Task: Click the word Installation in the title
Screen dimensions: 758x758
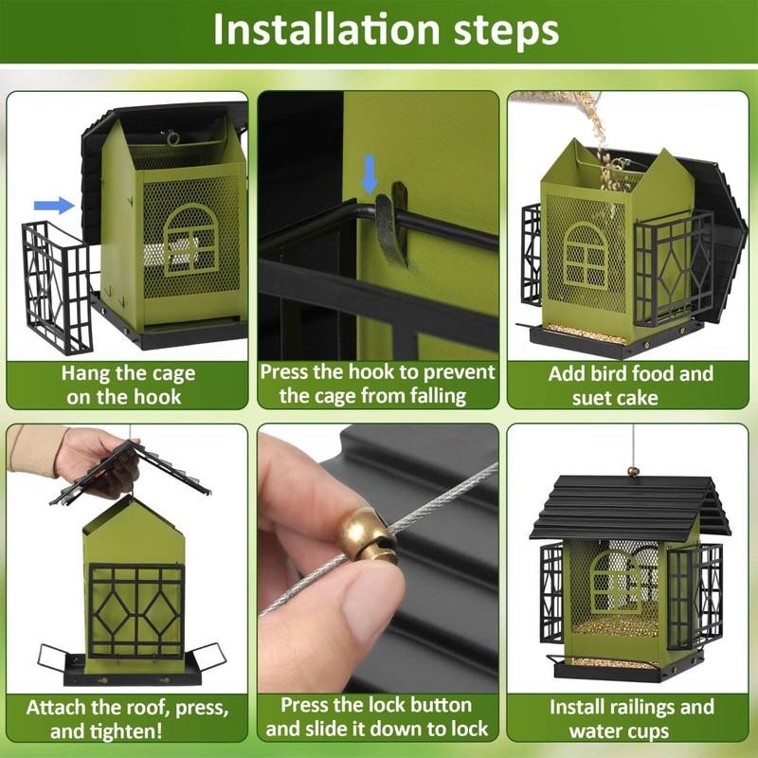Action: [x=326, y=29]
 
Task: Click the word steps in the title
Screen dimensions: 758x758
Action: [x=506, y=31]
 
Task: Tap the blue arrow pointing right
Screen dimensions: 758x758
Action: [x=54, y=205]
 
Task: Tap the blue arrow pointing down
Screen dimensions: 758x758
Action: [x=370, y=174]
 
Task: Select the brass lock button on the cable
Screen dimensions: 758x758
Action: [x=367, y=535]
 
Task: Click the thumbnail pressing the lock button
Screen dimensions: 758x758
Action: [x=378, y=558]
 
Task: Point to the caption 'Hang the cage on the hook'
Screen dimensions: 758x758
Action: [x=128, y=386]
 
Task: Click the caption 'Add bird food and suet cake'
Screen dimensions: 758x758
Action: [x=630, y=386]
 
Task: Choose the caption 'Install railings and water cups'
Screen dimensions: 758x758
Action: [x=631, y=719]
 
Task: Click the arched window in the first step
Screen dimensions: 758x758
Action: [x=190, y=240]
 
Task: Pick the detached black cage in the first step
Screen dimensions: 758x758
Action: [x=57, y=287]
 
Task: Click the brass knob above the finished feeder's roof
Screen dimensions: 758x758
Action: [x=633, y=471]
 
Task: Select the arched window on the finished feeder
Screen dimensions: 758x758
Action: [x=615, y=582]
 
